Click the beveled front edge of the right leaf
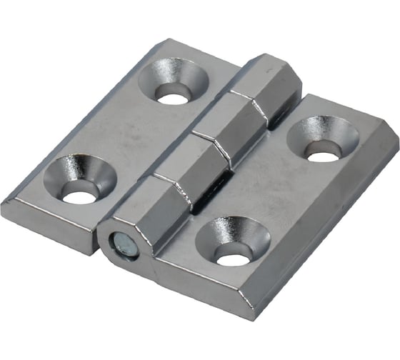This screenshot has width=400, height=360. click(x=207, y=304)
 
